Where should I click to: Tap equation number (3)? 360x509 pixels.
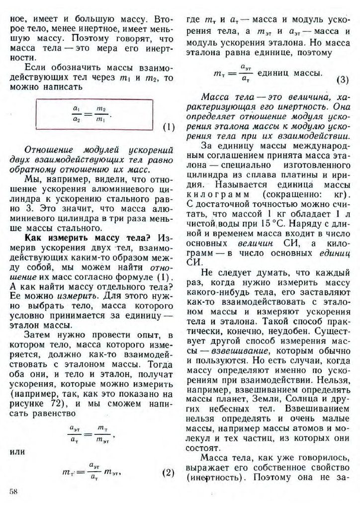[344, 80]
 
